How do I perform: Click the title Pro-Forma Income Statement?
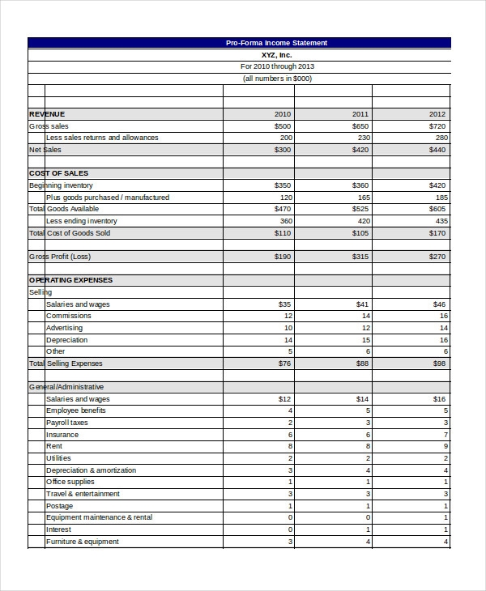[277, 43]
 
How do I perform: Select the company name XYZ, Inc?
[277, 54]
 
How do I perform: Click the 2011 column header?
[360, 114]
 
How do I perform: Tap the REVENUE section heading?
[47, 114]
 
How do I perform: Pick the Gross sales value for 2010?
[283, 126]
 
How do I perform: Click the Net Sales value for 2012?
[437, 150]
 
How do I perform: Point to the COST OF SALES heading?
[58, 173]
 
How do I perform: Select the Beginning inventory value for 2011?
[360, 185]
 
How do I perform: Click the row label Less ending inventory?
[82, 221]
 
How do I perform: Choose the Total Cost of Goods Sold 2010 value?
[283, 233]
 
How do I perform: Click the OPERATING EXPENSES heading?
[70, 280]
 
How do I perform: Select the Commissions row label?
[69, 316]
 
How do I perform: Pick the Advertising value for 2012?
[443, 328]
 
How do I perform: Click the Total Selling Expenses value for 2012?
[439, 364]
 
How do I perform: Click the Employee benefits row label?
[76, 410]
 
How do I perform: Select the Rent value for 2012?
[446, 446]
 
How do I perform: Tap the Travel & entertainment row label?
[83, 494]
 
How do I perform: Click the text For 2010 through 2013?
[277, 66]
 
